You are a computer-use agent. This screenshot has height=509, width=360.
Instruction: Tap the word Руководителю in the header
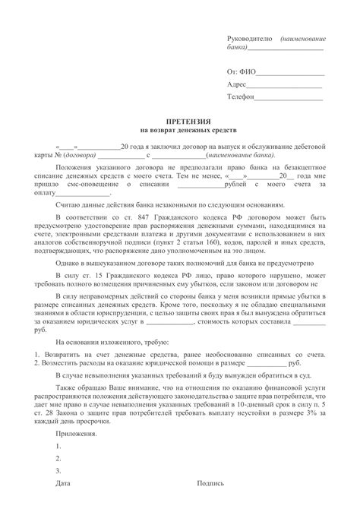pos(251,39)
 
